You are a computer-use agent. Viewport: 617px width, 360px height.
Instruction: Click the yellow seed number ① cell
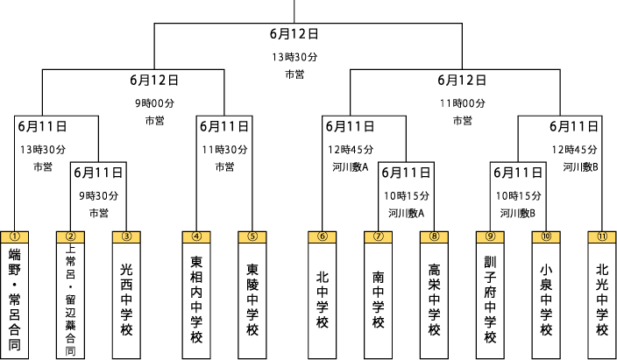[x=14, y=236]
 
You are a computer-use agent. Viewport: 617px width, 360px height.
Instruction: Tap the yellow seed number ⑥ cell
[x=323, y=236]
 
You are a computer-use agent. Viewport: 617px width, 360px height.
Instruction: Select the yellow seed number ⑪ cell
[x=602, y=236]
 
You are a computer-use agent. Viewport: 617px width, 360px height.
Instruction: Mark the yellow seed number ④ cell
[x=196, y=236]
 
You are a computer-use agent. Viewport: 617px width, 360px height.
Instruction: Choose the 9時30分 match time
[x=98, y=195]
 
